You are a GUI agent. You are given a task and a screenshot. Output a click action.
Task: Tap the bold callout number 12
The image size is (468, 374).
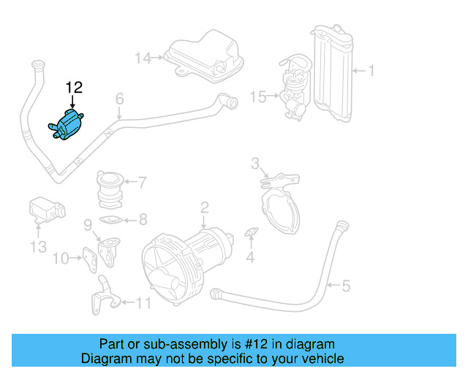(x=74, y=88)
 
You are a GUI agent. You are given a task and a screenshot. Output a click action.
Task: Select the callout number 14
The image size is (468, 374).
(x=142, y=57)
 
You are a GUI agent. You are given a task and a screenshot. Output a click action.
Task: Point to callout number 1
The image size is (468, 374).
(x=370, y=71)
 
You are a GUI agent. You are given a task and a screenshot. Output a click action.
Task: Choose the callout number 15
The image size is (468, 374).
(x=258, y=95)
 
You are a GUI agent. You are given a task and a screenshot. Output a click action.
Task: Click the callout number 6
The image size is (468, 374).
(x=119, y=98)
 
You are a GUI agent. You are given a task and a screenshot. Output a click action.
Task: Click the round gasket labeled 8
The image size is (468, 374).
(x=111, y=218)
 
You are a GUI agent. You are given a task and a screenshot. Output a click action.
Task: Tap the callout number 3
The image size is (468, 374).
(x=255, y=162)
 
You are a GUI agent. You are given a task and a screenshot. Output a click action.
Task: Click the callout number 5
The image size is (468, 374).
(x=346, y=285)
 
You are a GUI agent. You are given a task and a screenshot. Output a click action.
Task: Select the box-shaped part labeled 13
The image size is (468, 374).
(x=45, y=209)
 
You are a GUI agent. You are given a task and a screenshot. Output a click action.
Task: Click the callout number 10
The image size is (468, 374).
(x=61, y=257)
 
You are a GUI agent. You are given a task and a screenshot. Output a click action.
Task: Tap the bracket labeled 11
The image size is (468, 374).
(x=104, y=296)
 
